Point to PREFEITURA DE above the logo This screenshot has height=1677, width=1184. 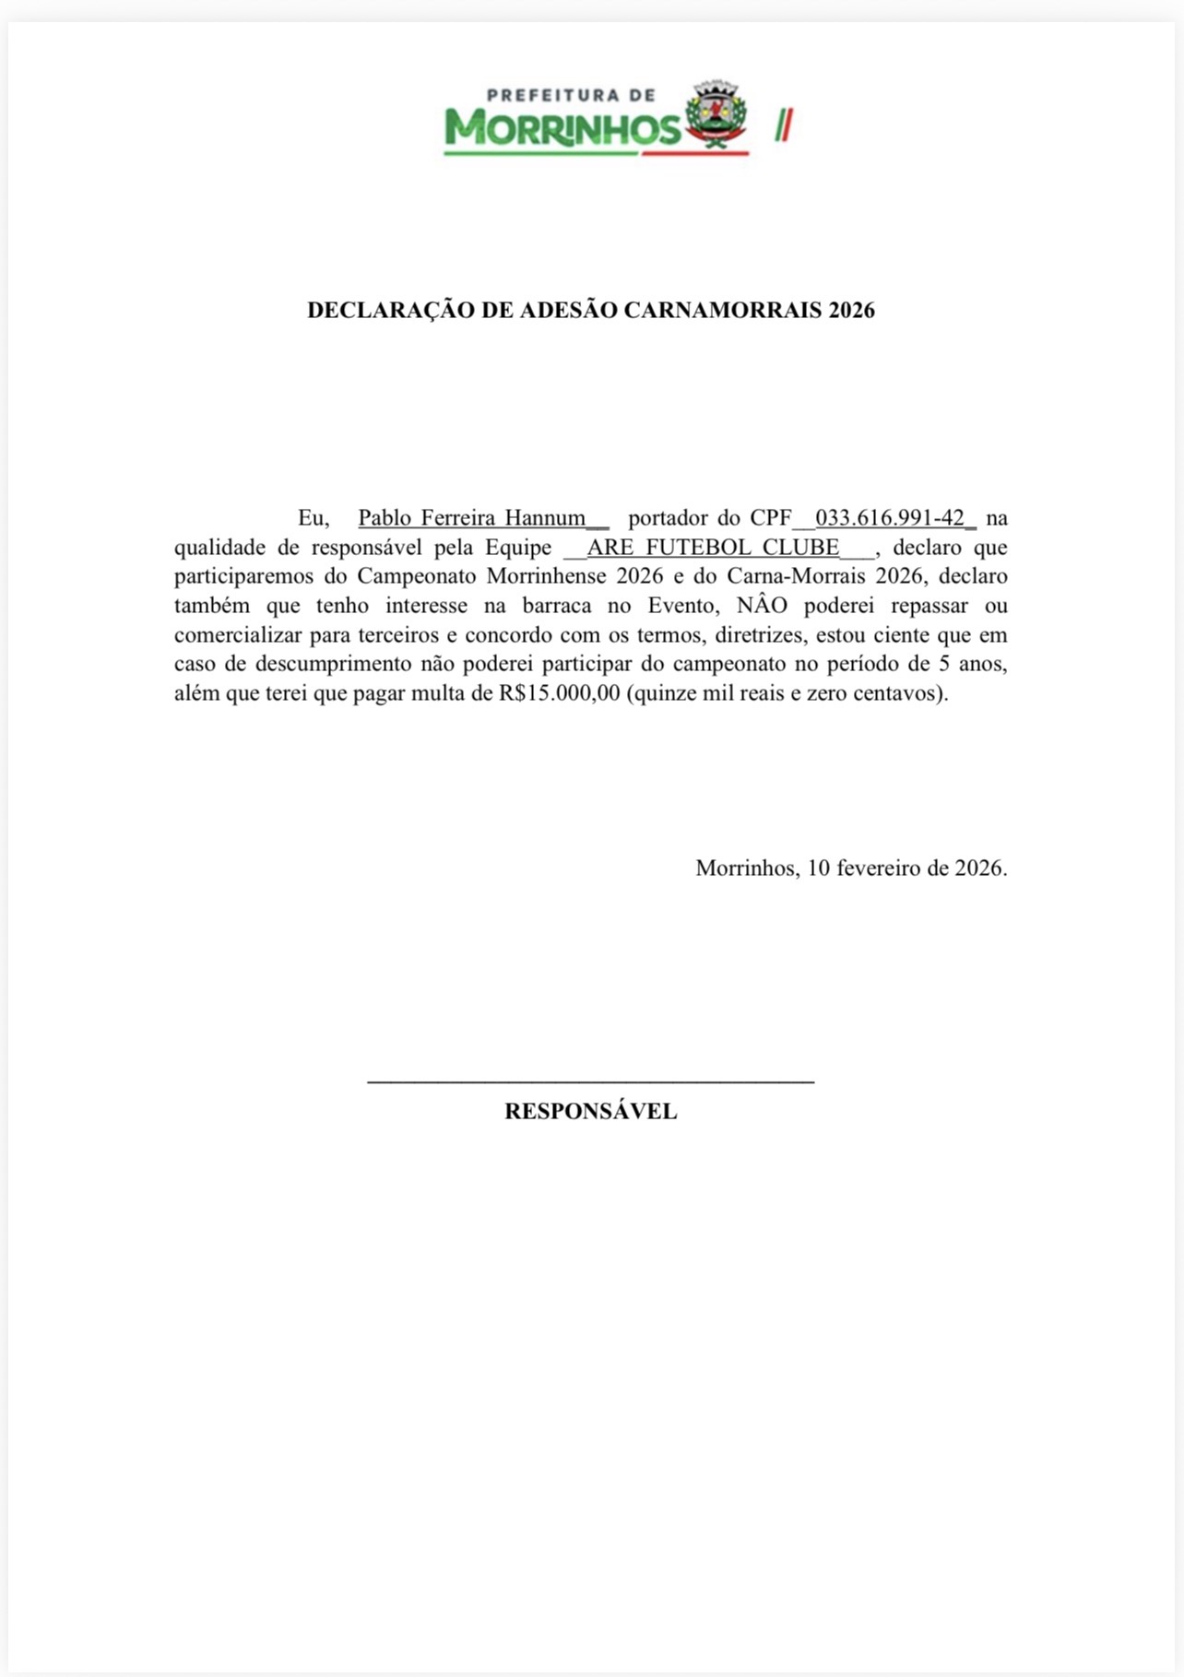coord(571,94)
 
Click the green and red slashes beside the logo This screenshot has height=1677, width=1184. coord(784,124)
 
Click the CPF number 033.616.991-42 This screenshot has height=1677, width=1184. coord(890,518)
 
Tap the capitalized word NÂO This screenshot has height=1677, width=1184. coord(763,606)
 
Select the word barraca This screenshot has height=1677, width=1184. coord(557,606)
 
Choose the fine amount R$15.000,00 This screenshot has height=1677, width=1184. coord(560,693)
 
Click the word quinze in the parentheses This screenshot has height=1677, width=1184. coord(665,693)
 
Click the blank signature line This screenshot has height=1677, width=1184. coord(590,1080)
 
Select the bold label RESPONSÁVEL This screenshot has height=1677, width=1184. coord(590,1112)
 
